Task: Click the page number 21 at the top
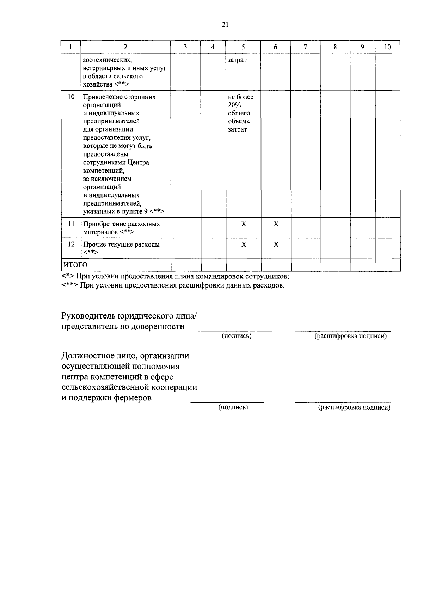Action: pos(226,24)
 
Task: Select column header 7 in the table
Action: pos(305,47)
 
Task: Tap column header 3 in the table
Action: pos(185,47)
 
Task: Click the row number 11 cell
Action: pos(71,224)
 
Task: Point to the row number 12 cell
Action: pos(71,244)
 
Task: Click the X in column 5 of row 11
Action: pos(243,224)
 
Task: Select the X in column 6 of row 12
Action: pos(276,244)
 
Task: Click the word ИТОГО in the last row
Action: pos(75,265)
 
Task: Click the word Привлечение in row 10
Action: pos(103,97)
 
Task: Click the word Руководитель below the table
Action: pos(89,315)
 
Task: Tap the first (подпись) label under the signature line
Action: pos(237,336)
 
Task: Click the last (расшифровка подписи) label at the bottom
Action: pos(354,407)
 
